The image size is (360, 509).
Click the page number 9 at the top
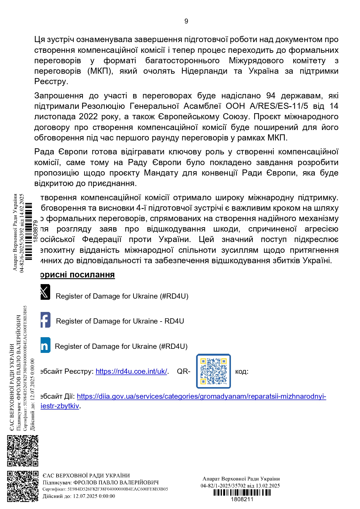pyautogui.click(x=186, y=21)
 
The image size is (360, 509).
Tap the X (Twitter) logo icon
pyautogui.click(x=45, y=292)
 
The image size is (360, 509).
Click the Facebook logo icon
pyautogui.click(x=46, y=320)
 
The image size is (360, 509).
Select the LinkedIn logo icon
pyautogui.click(x=46, y=345)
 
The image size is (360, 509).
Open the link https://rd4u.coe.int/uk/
pyautogui.click(x=131, y=371)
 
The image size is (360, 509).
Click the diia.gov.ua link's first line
pyautogui.click(x=201, y=396)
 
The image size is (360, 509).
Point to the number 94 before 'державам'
pyautogui.click(x=271, y=96)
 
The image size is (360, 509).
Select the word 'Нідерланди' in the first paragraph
pyautogui.click(x=204, y=71)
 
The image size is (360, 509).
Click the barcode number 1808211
pyautogui.click(x=242, y=499)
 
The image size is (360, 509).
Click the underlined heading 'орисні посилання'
pyautogui.click(x=77, y=275)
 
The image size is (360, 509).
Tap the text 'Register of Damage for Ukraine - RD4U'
pyautogui.click(x=120, y=321)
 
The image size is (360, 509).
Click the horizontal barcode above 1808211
pyautogui.click(x=242, y=492)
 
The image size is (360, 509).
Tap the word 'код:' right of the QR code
pyautogui.click(x=242, y=371)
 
